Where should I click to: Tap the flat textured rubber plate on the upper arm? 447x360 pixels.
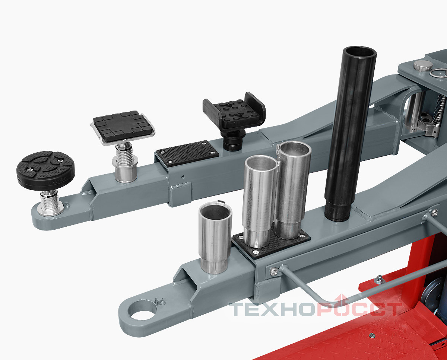[188, 153]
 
